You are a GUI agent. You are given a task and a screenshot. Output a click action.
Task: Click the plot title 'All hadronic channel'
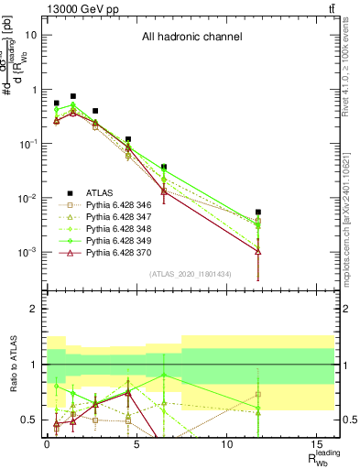[x=191, y=38]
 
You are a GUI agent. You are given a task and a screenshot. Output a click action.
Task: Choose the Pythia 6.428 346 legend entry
[x=119, y=207]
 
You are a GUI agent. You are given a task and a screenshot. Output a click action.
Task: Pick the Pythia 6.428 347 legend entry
[x=119, y=221]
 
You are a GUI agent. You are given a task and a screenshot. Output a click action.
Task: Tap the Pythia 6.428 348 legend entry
[x=119, y=234]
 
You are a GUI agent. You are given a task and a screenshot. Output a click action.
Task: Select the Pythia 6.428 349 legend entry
[x=119, y=248]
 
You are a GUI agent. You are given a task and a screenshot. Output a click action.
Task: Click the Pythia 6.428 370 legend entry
[x=119, y=262]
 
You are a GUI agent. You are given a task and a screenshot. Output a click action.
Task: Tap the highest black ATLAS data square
[x=73, y=96]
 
